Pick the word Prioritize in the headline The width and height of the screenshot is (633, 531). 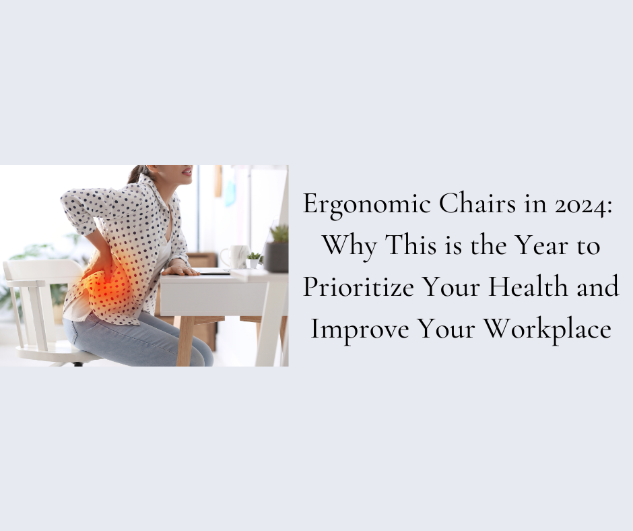pyautogui.click(x=358, y=286)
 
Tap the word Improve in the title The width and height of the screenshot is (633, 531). pyautogui.click(x=360, y=329)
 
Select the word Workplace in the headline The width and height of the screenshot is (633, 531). pyautogui.click(x=547, y=329)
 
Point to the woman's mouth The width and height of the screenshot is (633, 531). pyautogui.click(x=187, y=173)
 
